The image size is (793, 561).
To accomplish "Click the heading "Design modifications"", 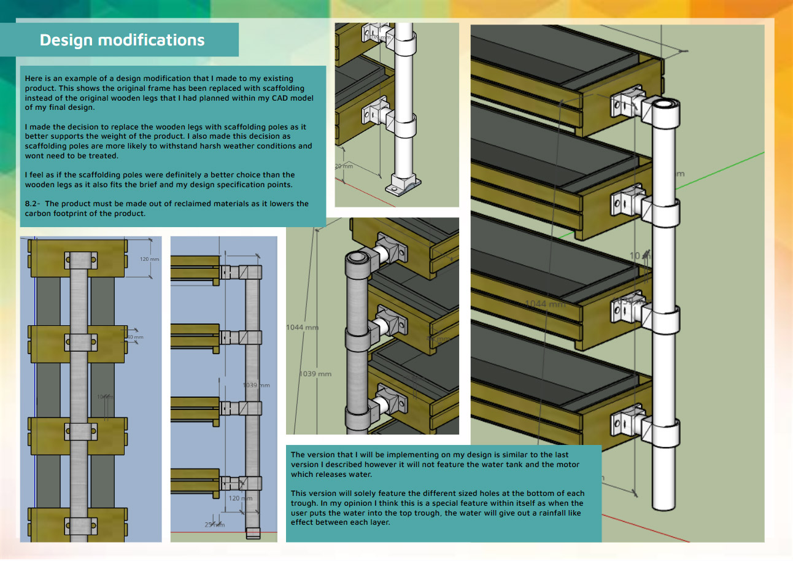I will [122, 40].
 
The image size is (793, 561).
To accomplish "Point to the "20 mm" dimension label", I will [344, 166].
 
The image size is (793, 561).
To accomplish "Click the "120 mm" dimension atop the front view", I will [150, 259].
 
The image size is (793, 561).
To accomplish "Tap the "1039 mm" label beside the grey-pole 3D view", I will [315, 374].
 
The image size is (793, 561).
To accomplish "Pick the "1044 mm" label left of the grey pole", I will [302, 327].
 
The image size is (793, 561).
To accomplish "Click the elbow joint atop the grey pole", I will [358, 260].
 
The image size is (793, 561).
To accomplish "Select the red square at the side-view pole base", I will [253, 533].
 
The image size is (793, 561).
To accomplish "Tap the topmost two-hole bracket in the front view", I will [80, 261].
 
